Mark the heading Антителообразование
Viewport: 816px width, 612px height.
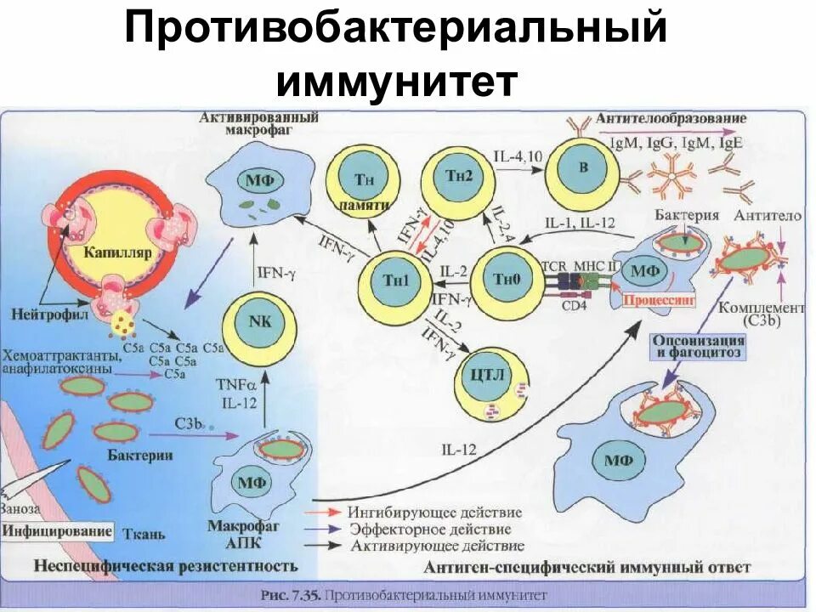(x=671, y=118)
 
